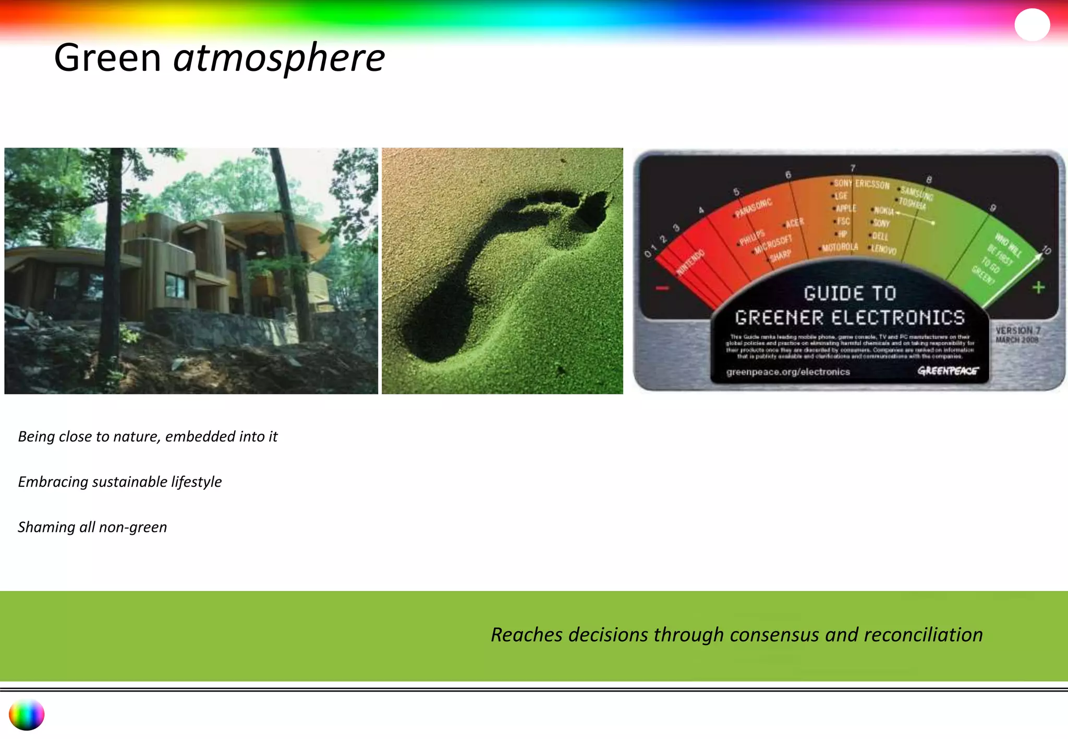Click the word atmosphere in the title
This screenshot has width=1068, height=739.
(x=279, y=58)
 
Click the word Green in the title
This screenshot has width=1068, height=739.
(x=107, y=58)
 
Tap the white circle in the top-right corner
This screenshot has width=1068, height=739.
(x=1032, y=24)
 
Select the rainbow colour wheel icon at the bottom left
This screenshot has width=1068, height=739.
(x=27, y=715)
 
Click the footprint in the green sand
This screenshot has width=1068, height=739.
(x=501, y=271)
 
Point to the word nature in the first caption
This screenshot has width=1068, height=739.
(x=137, y=436)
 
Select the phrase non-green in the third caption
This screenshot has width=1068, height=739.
(x=133, y=527)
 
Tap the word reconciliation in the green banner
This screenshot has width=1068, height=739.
(x=923, y=635)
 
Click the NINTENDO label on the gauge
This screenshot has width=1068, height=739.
(x=690, y=262)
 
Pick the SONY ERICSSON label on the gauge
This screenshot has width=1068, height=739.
(x=861, y=184)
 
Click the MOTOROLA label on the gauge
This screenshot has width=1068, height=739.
(x=840, y=247)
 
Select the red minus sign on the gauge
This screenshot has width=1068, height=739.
(x=662, y=288)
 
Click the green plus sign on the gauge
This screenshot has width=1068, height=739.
(x=1038, y=287)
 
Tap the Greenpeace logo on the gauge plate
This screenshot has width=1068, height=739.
(x=948, y=371)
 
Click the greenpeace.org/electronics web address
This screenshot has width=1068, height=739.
(x=788, y=372)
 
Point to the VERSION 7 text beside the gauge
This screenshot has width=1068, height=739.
(x=1017, y=330)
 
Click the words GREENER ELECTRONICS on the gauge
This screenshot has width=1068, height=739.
(x=849, y=317)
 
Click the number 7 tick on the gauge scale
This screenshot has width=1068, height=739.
(x=853, y=168)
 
